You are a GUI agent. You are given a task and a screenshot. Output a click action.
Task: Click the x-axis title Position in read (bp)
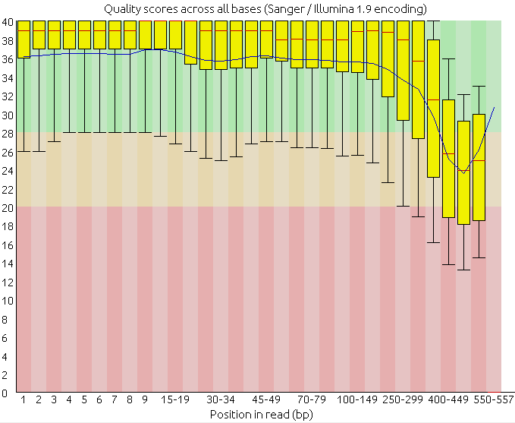[261, 415]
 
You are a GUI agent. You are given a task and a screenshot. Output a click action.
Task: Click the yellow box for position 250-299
[403, 76]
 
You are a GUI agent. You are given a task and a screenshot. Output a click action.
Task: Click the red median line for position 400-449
[448, 154]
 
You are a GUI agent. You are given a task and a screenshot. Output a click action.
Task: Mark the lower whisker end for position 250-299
[403, 206]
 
